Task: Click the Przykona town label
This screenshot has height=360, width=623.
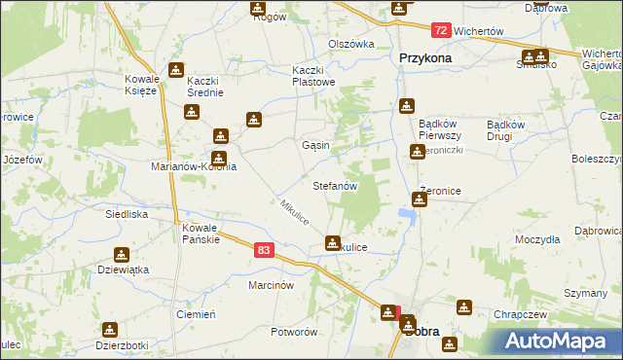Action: [x=426, y=57]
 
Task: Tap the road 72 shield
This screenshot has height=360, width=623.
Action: [x=441, y=31]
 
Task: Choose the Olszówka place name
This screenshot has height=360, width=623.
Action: [x=351, y=44]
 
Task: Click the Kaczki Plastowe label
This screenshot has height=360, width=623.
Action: [x=314, y=76]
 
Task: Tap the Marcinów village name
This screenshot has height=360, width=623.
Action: [x=271, y=285]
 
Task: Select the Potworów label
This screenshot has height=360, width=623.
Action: [x=295, y=332]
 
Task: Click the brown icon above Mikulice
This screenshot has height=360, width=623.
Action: [x=333, y=241]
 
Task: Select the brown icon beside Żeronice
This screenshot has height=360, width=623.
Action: [x=420, y=199]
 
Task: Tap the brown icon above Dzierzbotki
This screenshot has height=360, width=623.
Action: [x=109, y=330]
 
